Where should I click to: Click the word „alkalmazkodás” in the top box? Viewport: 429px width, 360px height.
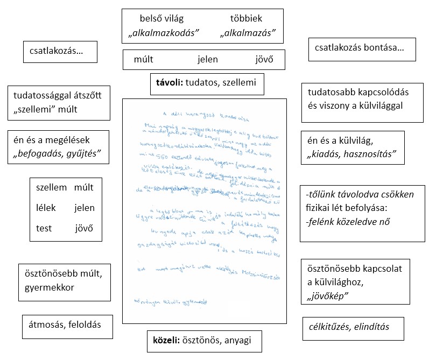pyautogui.click(x=164, y=33)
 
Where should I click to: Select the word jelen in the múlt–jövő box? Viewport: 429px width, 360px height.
pyautogui.click(x=208, y=60)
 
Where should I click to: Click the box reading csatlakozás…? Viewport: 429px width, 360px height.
pyautogui.click(x=60, y=52)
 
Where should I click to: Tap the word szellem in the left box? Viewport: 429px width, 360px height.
pyautogui.click(x=51, y=187)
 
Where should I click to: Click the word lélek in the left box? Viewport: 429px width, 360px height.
pyautogui.click(x=46, y=208)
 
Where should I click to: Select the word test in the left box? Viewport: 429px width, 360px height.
pyautogui.click(x=44, y=228)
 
